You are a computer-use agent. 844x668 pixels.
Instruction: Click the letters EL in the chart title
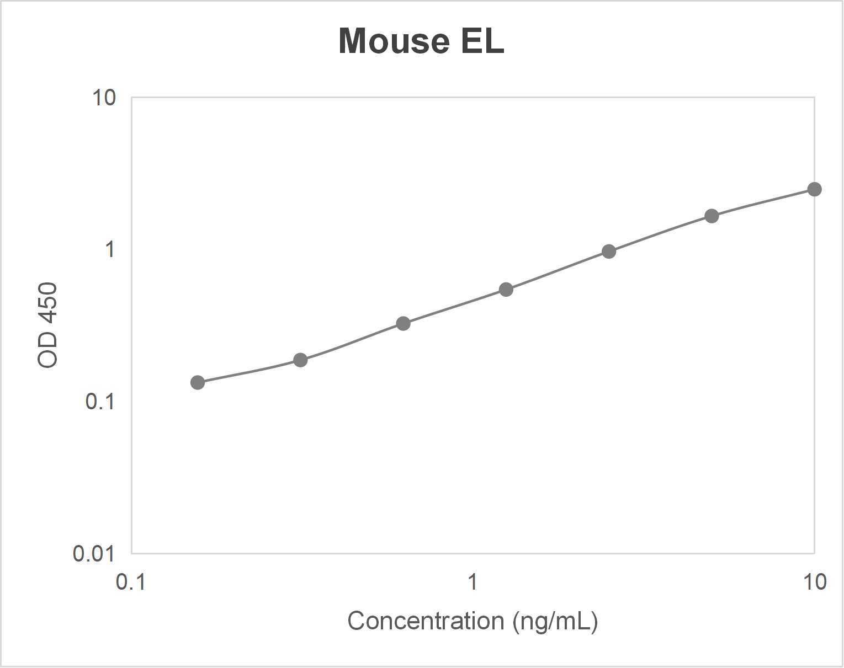point(482,41)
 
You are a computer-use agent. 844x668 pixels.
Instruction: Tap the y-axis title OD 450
point(48,325)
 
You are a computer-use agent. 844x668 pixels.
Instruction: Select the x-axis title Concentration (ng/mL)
point(473,621)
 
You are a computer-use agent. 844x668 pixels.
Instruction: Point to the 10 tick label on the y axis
point(104,98)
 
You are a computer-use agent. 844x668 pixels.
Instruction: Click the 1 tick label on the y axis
point(110,249)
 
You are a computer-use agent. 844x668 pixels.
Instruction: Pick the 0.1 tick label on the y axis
point(100,402)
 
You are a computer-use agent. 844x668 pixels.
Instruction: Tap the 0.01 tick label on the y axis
point(94,553)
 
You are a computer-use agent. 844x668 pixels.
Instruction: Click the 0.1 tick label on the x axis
point(131,582)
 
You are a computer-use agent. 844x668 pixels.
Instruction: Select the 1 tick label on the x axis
point(473,582)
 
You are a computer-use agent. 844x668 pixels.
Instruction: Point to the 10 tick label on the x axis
point(814,582)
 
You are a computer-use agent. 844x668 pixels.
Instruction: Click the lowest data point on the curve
point(197,382)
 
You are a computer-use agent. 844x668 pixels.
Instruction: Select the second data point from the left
point(300,360)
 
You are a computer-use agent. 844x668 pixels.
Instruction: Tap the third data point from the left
point(404,323)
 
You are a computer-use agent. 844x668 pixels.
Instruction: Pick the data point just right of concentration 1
point(506,289)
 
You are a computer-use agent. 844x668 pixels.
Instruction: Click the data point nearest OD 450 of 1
point(609,252)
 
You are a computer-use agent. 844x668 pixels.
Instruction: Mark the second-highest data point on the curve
point(712,216)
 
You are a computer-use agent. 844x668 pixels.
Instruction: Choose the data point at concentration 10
point(814,189)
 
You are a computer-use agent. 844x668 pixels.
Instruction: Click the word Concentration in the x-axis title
point(426,621)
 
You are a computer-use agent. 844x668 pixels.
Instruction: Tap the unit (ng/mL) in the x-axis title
point(555,621)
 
